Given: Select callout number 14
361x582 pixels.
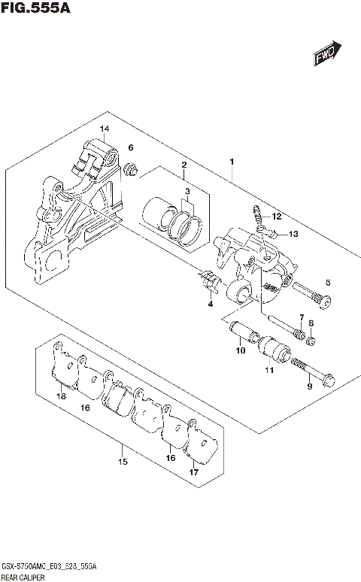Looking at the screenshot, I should point(105,129).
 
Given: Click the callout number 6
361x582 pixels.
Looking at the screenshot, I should point(130,147).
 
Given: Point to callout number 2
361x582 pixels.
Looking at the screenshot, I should point(184,165).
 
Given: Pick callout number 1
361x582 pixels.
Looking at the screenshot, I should point(232,162).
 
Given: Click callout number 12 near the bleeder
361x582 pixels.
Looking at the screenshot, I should point(275,216).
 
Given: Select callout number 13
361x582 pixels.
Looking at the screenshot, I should point(293,234).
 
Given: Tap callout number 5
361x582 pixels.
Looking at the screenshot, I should point(327,283).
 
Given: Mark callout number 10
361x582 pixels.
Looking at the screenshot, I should point(240,350).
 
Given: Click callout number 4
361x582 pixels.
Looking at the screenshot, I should point(211,304).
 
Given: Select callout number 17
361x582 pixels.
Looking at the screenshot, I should point(193,473).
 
